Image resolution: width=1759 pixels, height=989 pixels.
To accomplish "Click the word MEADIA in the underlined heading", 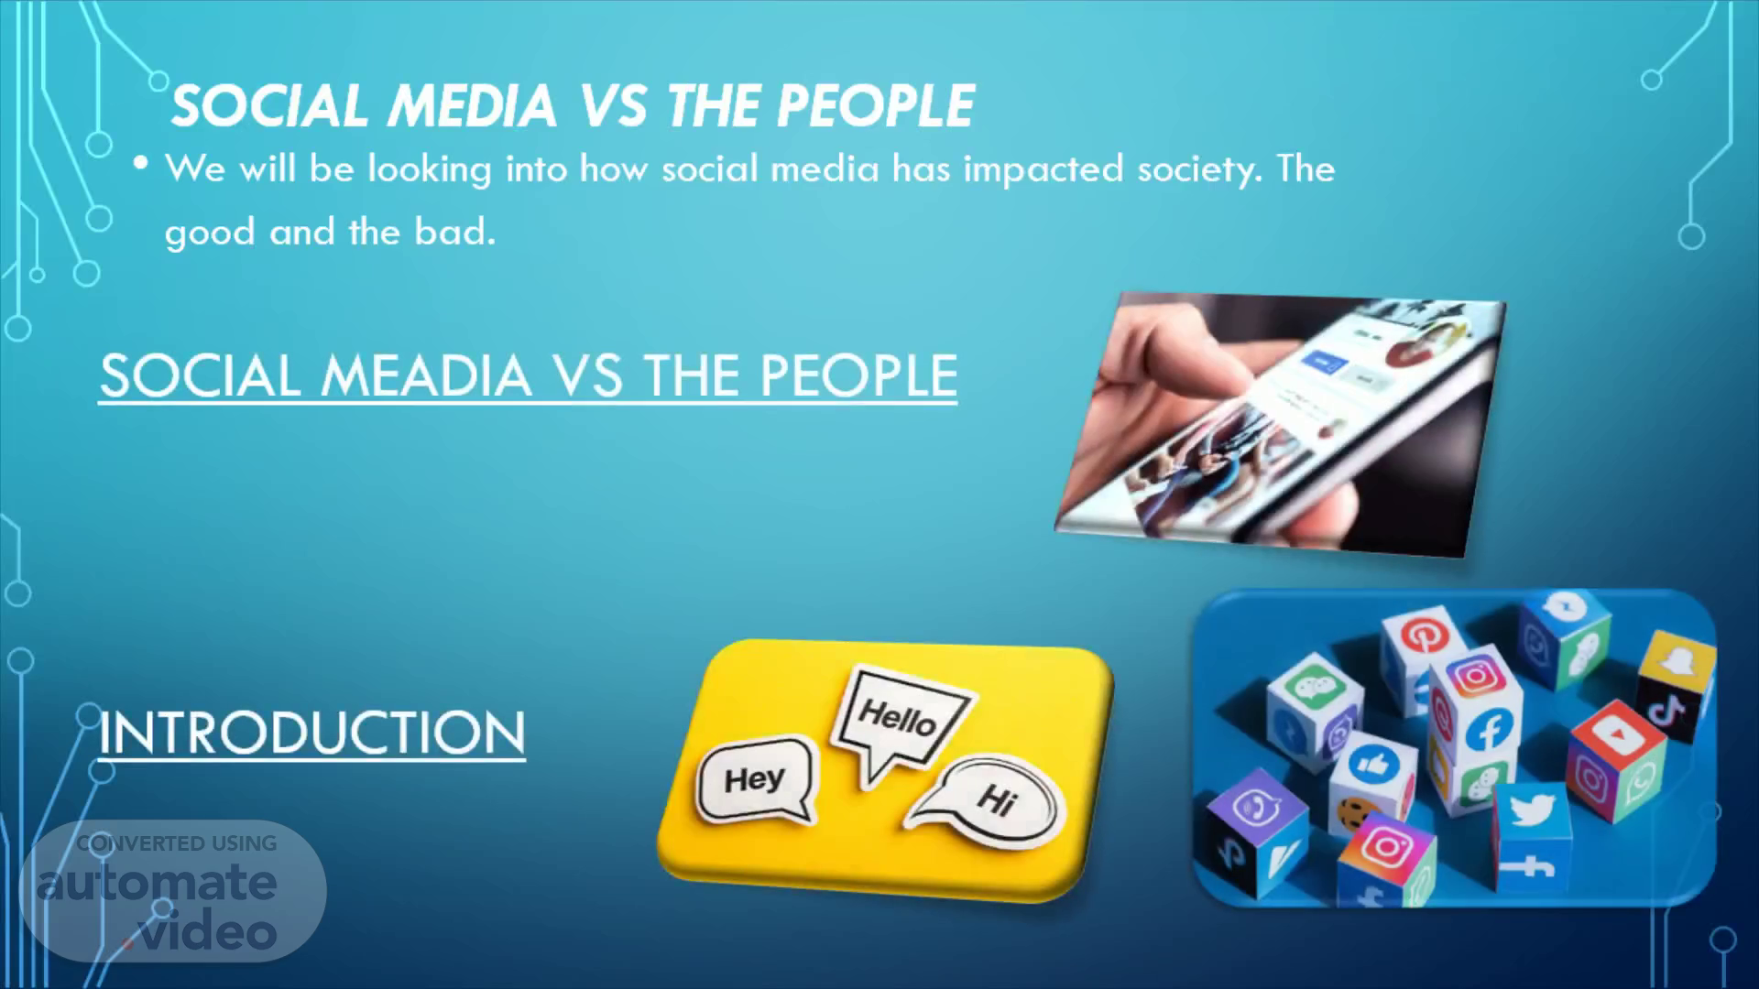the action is [x=426, y=375].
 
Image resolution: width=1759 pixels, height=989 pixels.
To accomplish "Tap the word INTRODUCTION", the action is [x=312, y=733].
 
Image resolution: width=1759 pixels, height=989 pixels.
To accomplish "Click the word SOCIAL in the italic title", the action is [x=270, y=104].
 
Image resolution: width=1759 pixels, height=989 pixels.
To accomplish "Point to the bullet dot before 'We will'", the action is [x=140, y=163].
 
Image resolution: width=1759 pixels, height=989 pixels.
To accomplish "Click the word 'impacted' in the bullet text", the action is [x=1043, y=169].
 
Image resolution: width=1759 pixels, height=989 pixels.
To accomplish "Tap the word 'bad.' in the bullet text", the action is [x=454, y=232].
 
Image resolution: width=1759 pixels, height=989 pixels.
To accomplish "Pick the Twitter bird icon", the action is [x=1532, y=811].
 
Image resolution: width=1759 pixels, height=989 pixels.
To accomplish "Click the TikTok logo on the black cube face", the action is [x=1669, y=711].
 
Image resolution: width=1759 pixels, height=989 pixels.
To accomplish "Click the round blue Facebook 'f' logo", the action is [x=1489, y=730].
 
